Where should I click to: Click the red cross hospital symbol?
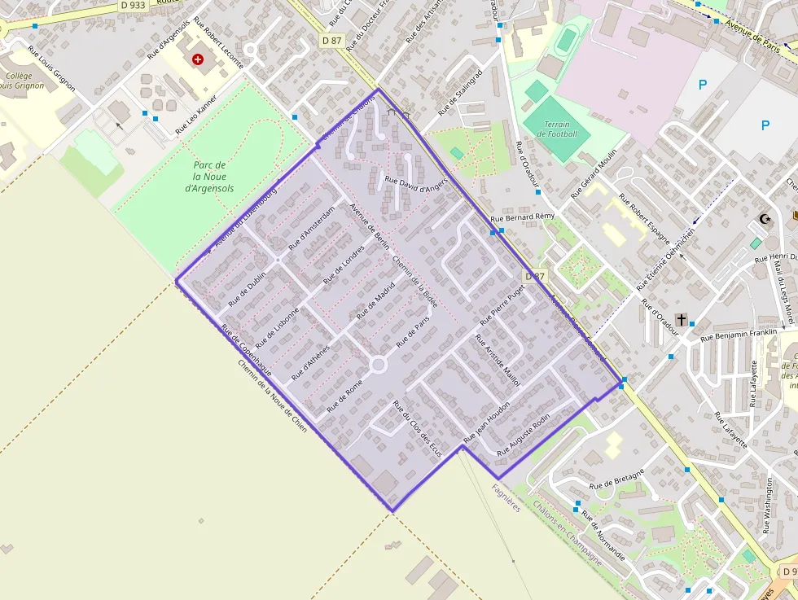pyautogui.click(x=198, y=59)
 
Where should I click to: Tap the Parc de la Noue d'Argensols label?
pyautogui.click(x=208, y=176)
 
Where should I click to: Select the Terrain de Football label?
pyautogui.click(x=562, y=129)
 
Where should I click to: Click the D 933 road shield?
pyautogui.click(x=133, y=5)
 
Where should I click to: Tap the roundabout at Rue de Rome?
pyautogui.click(x=378, y=365)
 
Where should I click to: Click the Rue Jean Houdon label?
pyautogui.click(x=486, y=421)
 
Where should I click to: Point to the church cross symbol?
pyautogui.click(x=681, y=319)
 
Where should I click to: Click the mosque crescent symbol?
pyautogui.click(x=764, y=218)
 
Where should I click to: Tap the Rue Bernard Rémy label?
pyautogui.click(x=523, y=217)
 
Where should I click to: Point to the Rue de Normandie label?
pyautogui.click(x=603, y=536)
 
